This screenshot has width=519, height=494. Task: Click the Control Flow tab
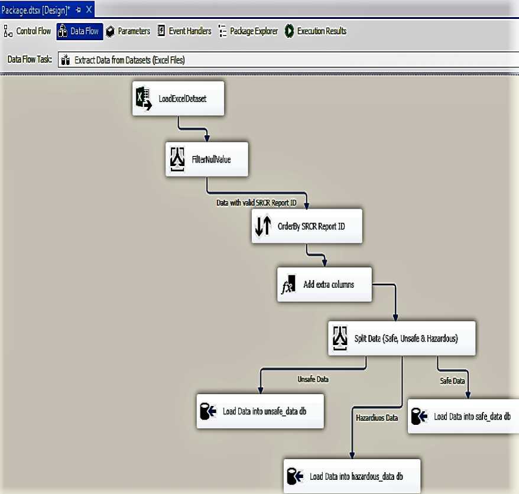click(28, 31)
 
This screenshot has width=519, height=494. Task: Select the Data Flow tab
click(80, 31)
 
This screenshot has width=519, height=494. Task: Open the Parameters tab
click(128, 31)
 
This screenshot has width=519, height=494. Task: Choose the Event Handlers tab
click(184, 31)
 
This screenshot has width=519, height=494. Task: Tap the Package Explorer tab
click(248, 31)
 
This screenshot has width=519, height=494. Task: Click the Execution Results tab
click(316, 31)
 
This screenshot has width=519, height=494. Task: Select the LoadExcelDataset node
click(179, 99)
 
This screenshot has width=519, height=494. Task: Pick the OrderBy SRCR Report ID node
click(306, 226)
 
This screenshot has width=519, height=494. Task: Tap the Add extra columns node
click(325, 284)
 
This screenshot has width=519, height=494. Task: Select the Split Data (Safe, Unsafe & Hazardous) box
click(401, 339)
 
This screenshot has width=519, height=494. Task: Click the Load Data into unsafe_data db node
click(260, 411)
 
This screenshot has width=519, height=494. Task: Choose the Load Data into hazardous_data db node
click(352, 476)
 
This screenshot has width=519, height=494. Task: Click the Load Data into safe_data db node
click(464, 416)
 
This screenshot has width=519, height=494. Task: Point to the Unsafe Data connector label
click(313, 379)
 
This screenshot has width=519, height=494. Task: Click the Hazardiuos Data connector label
click(377, 418)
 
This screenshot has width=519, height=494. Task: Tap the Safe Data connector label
click(452, 381)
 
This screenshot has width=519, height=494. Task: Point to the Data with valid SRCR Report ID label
click(255, 202)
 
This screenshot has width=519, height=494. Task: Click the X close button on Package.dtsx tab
click(89, 10)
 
